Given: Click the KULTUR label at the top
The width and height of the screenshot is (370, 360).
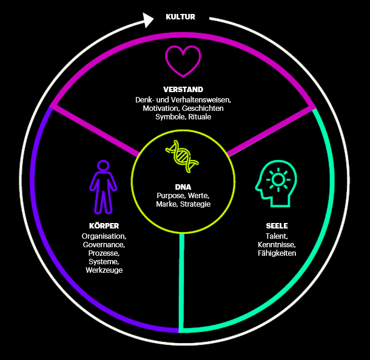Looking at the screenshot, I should tap(180, 17).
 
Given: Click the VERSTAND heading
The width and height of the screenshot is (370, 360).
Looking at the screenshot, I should tap(183, 90).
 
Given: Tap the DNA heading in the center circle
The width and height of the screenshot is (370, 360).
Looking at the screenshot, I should tap(183, 186).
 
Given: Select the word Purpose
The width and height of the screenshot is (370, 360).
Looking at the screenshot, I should tap(170, 196).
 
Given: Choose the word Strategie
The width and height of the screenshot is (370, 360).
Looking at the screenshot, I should tap(195, 204).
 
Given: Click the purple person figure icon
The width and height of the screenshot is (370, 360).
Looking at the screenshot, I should tap(103, 186).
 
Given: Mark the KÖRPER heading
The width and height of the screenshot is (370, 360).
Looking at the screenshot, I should tap(104, 226).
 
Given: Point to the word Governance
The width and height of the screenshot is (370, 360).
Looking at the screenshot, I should tap(104, 244).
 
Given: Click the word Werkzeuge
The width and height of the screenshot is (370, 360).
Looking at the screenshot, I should tap(104, 270).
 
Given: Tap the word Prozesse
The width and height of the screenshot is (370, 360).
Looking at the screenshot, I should tap(104, 253).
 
